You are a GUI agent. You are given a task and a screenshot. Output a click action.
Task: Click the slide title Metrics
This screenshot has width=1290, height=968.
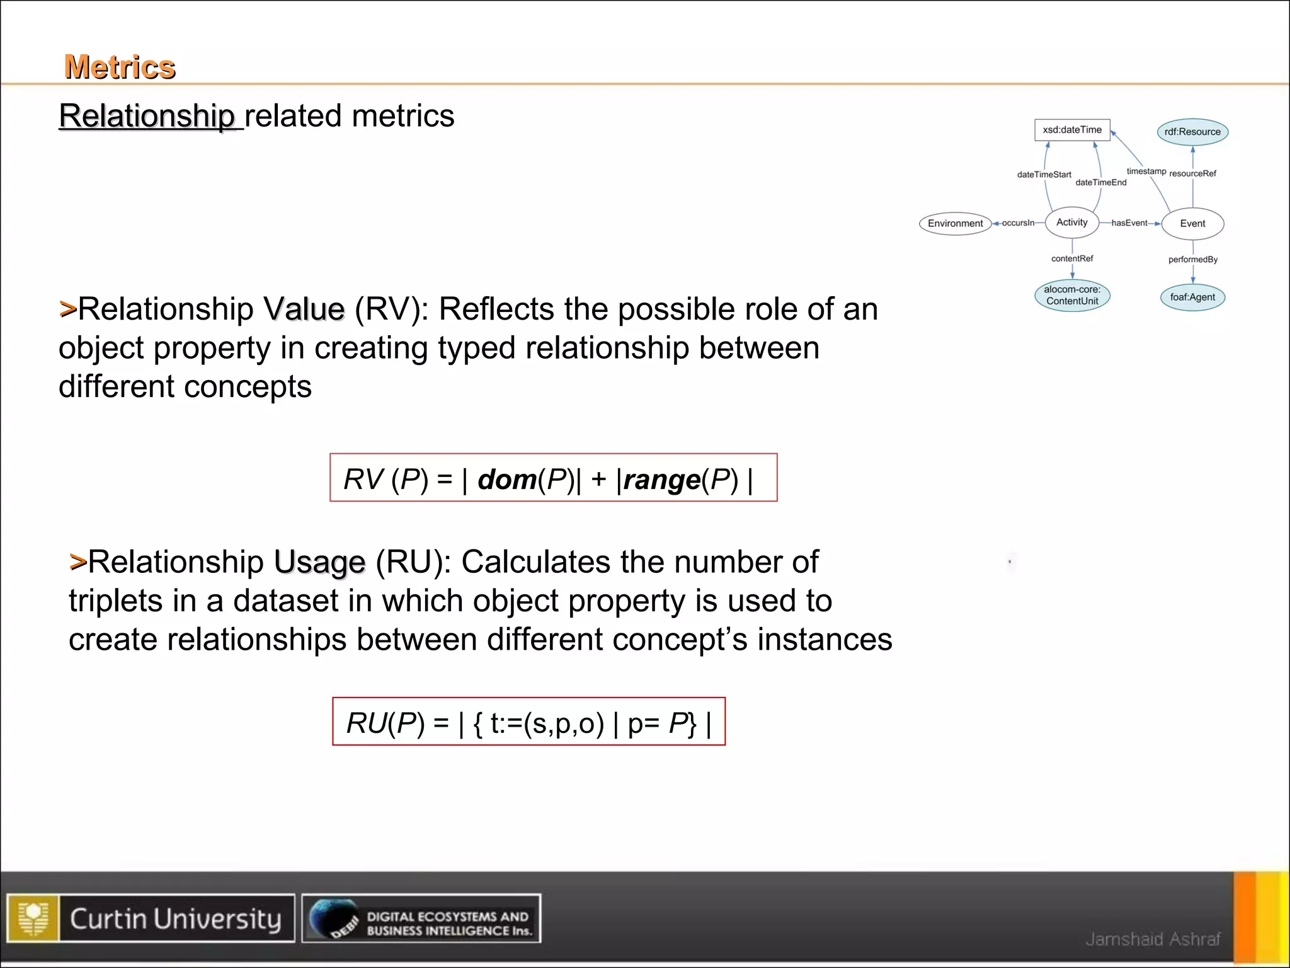(120, 67)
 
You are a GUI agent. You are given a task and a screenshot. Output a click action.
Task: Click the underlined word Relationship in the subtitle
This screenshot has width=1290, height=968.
(147, 116)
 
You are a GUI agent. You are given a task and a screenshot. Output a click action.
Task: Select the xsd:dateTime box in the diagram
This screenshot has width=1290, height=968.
(1072, 130)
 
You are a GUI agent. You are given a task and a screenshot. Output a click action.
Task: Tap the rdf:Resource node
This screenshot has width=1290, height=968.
(1192, 132)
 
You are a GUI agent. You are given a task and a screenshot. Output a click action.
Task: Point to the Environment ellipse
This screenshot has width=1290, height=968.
(955, 223)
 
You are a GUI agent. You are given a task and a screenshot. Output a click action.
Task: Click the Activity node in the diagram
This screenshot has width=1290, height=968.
(1071, 222)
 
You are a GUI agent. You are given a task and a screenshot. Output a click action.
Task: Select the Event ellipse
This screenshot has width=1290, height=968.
(1192, 224)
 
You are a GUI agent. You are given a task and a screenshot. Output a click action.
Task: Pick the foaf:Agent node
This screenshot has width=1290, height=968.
(1192, 297)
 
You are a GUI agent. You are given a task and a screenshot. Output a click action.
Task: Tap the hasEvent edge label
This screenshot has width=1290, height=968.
(1129, 223)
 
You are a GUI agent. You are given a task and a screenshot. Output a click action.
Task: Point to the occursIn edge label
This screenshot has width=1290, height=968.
(1018, 223)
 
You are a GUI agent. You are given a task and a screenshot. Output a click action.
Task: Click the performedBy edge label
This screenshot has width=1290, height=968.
(1192, 260)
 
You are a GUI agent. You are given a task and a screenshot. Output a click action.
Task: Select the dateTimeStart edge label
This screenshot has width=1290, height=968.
(1044, 175)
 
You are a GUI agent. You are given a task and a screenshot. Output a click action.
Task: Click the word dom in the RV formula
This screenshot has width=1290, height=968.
(506, 480)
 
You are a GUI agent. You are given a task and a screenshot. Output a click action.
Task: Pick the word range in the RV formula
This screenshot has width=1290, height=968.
(662, 480)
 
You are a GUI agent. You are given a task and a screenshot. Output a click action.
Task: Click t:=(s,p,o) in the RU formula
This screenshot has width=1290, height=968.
(547, 723)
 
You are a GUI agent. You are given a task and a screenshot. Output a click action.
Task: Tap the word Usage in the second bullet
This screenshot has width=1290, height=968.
(319, 562)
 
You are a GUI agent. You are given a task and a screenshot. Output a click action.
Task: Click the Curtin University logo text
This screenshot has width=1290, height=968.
(175, 919)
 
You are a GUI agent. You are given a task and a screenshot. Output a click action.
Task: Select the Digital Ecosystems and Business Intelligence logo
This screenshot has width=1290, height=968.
(421, 919)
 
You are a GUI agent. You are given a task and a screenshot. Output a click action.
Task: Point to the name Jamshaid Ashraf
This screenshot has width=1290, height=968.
(1153, 939)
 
